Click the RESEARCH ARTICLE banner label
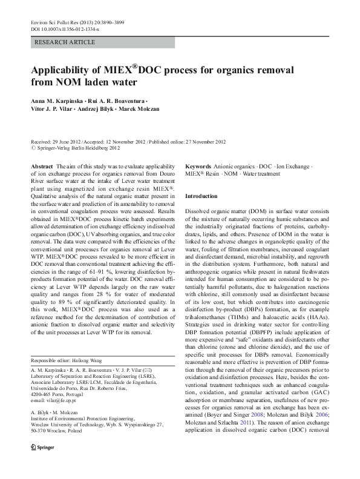[x=65, y=42]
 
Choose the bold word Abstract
[x=42, y=165]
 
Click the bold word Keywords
[x=198, y=165]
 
